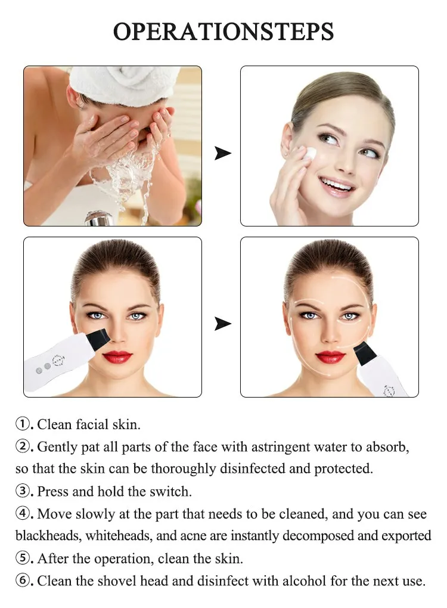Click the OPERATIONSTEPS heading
pyautogui.click(x=223, y=31)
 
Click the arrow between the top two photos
pyautogui.click(x=222, y=154)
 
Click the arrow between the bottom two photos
pyautogui.click(x=222, y=324)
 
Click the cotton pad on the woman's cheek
pyautogui.click(x=309, y=153)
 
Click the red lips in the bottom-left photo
pyautogui.click(x=117, y=356)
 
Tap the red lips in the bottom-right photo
pyautogui.click(x=330, y=356)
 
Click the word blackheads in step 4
pyautogui.click(x=47, y=535)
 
